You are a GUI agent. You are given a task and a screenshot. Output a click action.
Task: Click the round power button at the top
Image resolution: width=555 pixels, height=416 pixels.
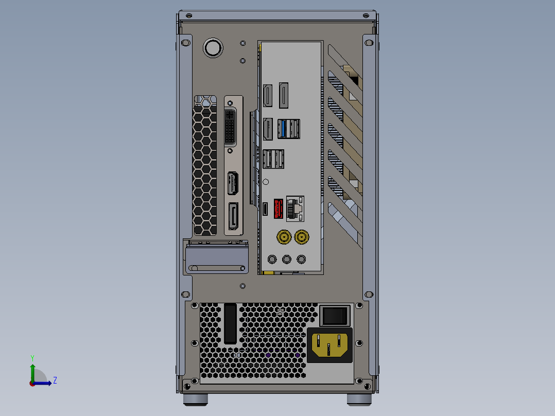[213, 48]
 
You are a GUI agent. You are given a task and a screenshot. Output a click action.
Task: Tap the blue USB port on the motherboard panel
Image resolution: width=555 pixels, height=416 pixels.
[282, 129]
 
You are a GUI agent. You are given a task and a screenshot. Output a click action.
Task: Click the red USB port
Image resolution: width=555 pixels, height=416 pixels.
[278, 209]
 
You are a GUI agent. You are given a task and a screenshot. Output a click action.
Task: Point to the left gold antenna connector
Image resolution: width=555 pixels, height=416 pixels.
[283, 237]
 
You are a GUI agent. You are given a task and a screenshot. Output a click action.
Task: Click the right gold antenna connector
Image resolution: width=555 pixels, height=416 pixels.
[301, 237]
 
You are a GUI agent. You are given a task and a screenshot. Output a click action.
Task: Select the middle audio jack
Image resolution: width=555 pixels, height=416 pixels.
[287, 259]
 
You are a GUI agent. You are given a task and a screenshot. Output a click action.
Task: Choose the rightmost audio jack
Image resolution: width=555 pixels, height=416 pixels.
[302, 259]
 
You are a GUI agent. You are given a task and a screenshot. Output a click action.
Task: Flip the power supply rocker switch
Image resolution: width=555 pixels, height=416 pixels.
[335, 315]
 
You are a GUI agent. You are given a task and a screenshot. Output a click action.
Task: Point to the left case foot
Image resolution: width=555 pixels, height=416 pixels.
[196, 399]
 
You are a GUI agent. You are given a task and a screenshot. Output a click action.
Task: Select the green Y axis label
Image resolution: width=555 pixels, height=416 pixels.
[32, 357]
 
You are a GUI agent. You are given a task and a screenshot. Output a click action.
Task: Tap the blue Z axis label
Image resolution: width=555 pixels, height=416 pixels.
[55, 380]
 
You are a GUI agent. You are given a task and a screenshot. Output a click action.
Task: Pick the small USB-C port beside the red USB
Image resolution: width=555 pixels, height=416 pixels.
[265, 209]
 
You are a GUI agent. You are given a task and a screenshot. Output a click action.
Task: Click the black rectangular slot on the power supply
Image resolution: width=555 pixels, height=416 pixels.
[230, 324]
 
